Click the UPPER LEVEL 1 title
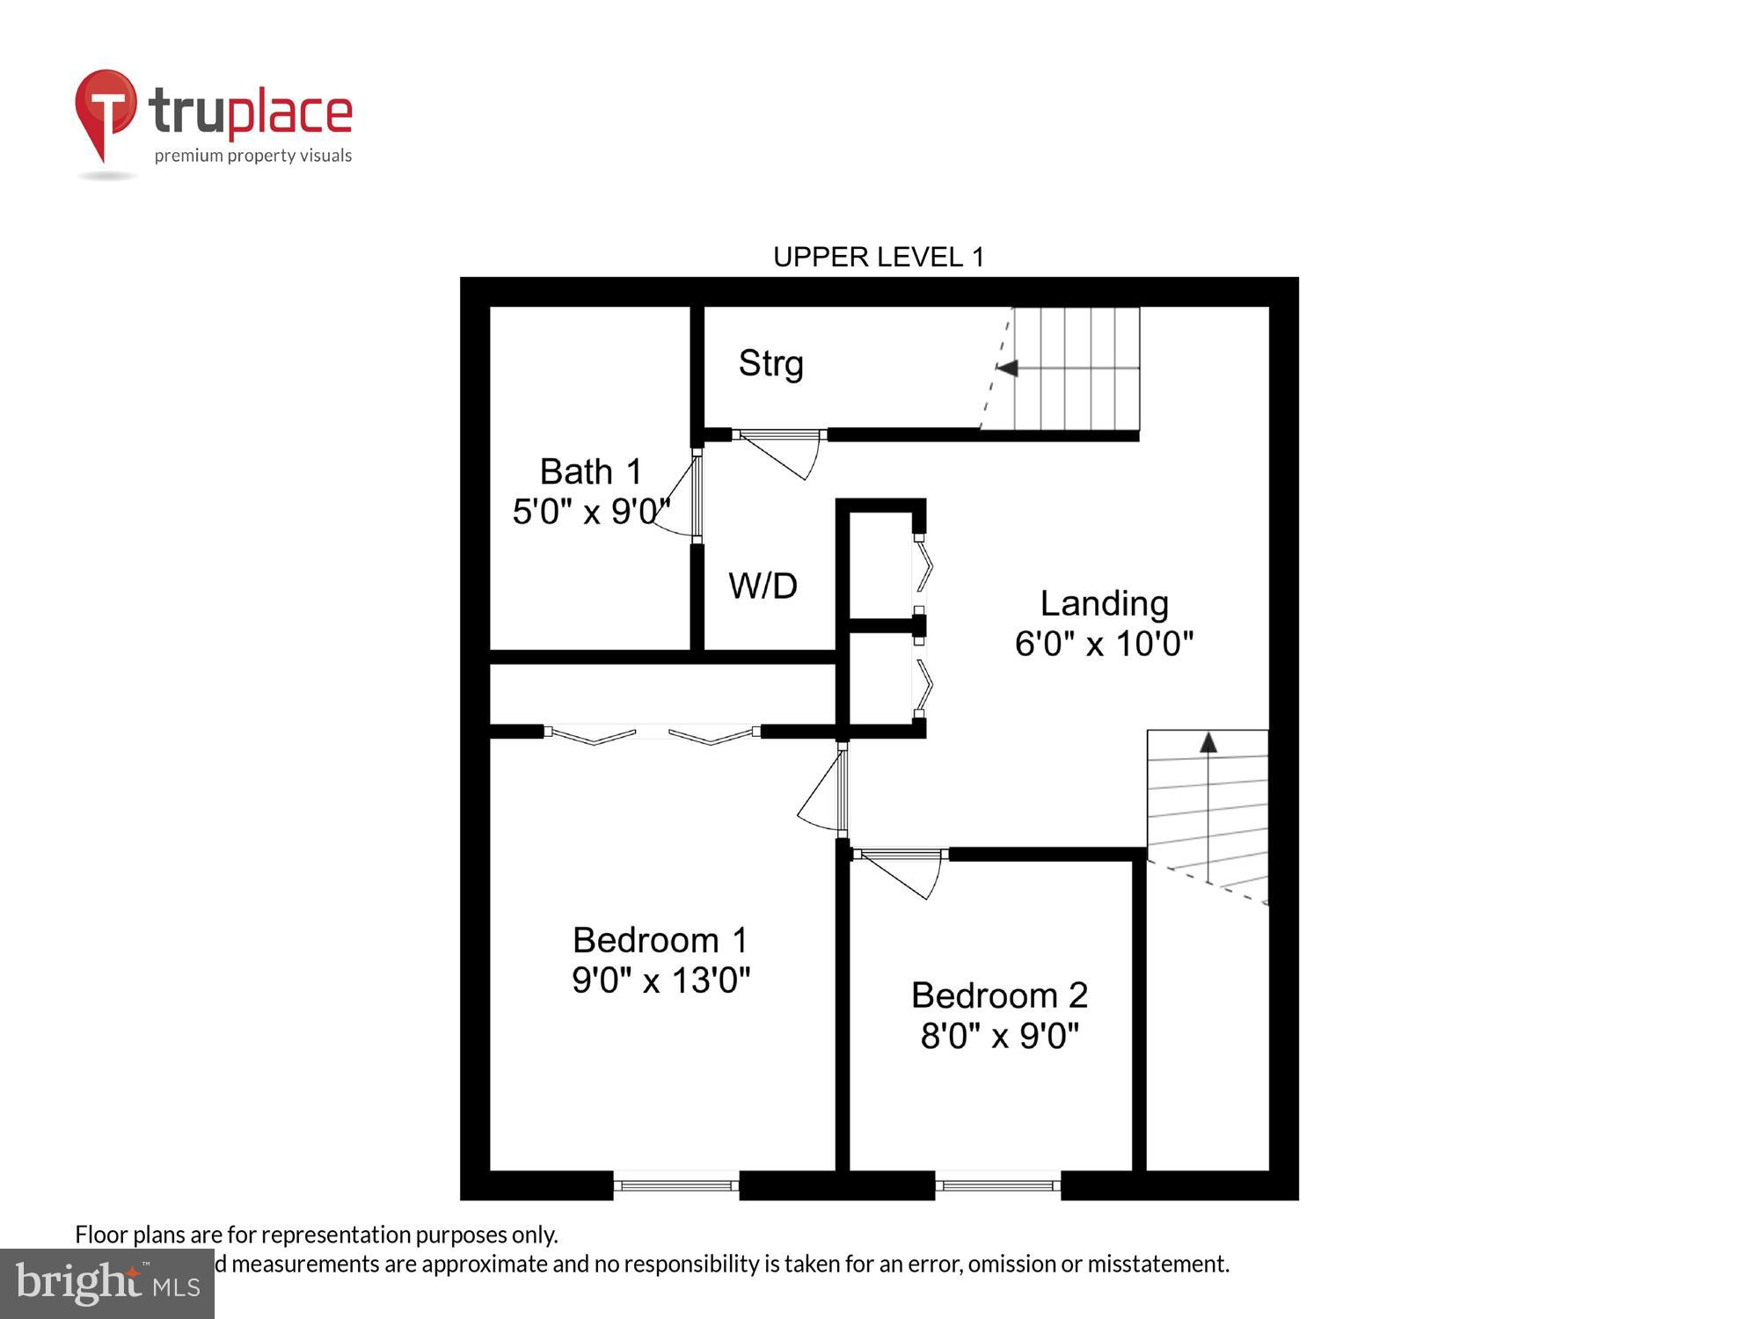878,257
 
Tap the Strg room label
770,363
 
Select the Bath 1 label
590,472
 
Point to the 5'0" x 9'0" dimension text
590,511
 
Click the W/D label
763,586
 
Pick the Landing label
1104,604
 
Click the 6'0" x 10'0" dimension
1104,644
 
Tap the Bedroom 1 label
660,940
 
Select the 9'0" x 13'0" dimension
661,980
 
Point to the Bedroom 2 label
999,995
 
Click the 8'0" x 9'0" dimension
999,1036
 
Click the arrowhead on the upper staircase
1008,368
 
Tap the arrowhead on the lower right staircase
1208,743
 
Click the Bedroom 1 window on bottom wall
675,1185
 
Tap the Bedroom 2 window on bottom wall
997,1185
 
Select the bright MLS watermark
107,1284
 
